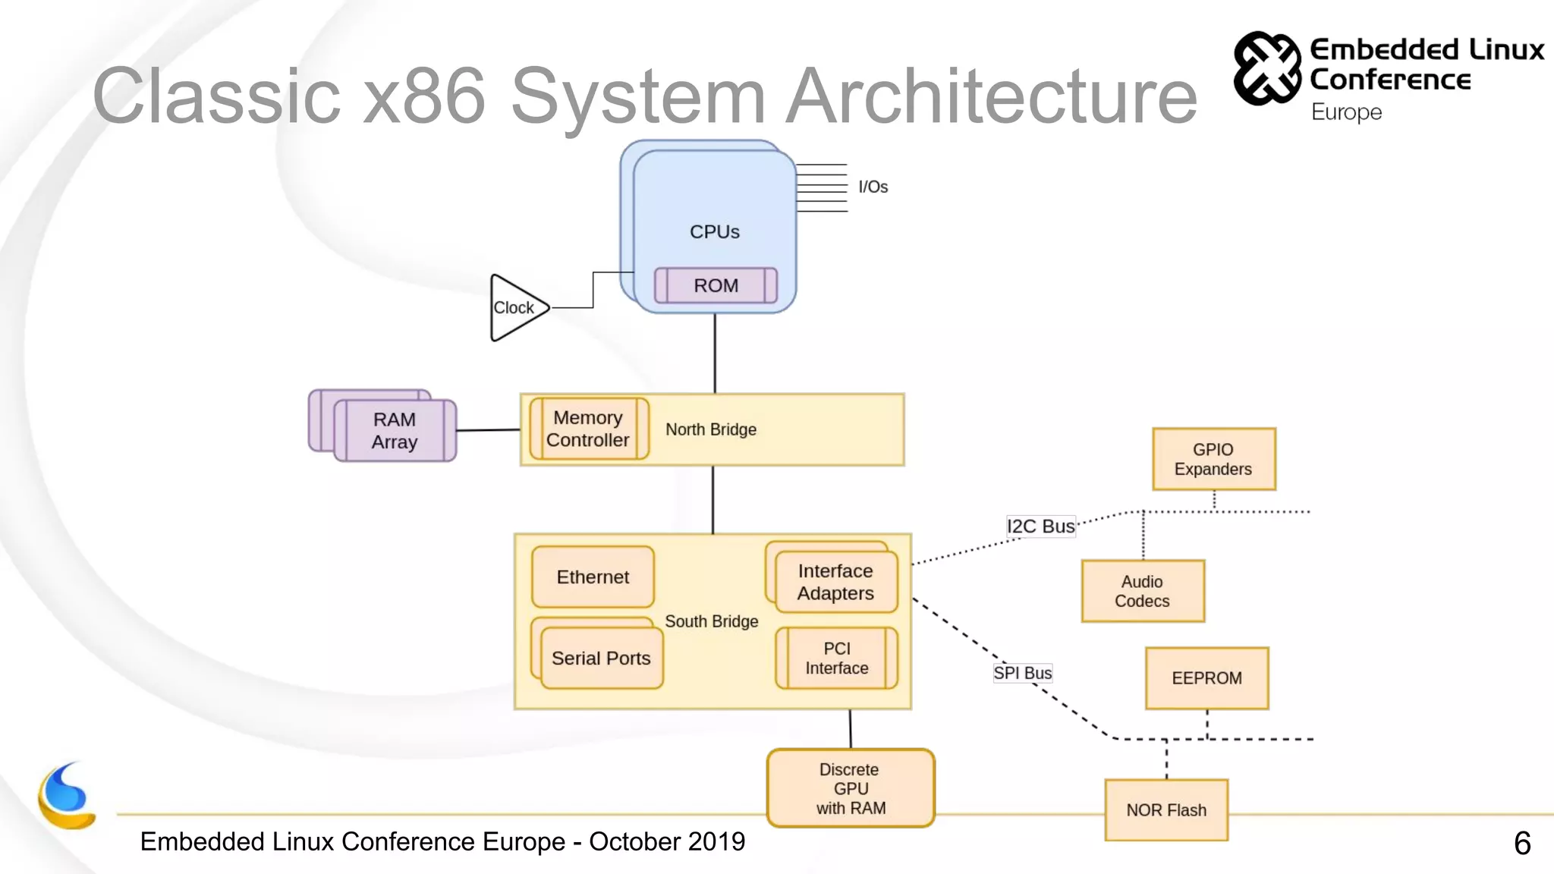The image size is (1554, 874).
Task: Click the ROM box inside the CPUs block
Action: click(x=716, y=285)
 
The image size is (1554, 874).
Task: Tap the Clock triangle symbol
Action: click(x=516, y=308)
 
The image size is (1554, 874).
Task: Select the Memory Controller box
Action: click(x=589, y=429)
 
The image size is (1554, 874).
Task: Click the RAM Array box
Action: click(x=395, y=430)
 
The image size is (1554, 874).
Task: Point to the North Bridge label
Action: click(x=711, y=429)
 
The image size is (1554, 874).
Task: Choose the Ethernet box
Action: click(x=593, y=577)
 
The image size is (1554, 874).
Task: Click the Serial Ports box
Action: click(x=601, y=658)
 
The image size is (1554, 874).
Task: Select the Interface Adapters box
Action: click(x=835, y=582)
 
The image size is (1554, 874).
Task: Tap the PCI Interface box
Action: click(x=837, y=658)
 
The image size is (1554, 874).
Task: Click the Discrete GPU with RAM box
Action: click(x=851, y=788)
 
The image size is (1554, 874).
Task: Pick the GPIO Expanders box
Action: click(x=1213, y=459)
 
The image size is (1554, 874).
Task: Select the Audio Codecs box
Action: click(x=1143, y=591)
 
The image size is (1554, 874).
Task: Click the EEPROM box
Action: click(x=1206, y=678)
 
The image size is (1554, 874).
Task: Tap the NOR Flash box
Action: click(x=1166, y=810)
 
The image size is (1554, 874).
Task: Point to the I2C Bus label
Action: click(x=1040, y=526)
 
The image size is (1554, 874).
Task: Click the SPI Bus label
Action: click(x=1022, y=673)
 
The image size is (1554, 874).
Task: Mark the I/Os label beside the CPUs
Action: click(x=873, y=187)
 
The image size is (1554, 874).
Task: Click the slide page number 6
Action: click(x=1521, y=843)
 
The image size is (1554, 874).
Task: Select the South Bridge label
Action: click(x=712, y=621)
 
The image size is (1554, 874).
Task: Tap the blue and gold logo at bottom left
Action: click(x=67, y=796)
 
